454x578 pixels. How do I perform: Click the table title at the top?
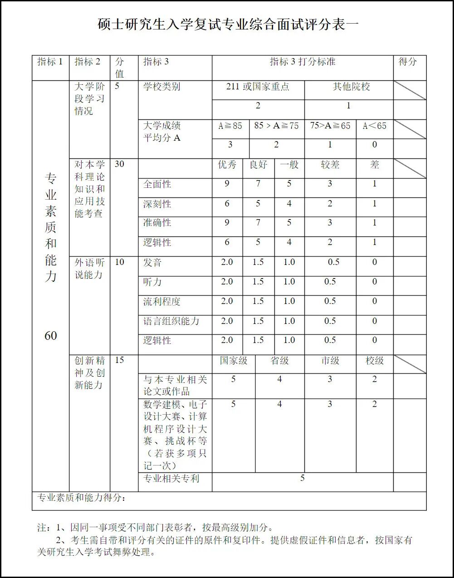(x=228, y=24)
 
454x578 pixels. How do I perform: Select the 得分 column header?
(x=407, y=62)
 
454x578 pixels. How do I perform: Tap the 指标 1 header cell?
(x=50, y=62)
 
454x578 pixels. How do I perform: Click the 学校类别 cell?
(x=161, y=87)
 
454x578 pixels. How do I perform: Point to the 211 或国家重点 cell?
(x=258, y=87)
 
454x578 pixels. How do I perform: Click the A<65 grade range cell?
(x=375, y=126)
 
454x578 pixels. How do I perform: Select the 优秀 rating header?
(x=227, y=165)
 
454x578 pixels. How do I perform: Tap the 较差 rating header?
(x=330, y=165)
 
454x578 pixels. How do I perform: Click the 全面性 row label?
(x=157, y=184)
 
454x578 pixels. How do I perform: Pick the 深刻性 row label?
(x=157, y=204)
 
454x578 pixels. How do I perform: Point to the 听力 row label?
(x=152, y=282)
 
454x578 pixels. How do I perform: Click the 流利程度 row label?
(x=161, y=301)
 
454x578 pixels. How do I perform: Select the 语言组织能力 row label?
(x=171, y=321)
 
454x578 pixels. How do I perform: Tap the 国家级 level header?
(x=234, y=361)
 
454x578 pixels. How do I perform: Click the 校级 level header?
(x=375, y=361)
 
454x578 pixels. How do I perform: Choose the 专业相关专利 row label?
(x=171, y=478)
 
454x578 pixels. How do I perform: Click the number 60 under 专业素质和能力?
(x=50, y=336)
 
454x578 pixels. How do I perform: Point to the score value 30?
(x=119, y=164)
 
